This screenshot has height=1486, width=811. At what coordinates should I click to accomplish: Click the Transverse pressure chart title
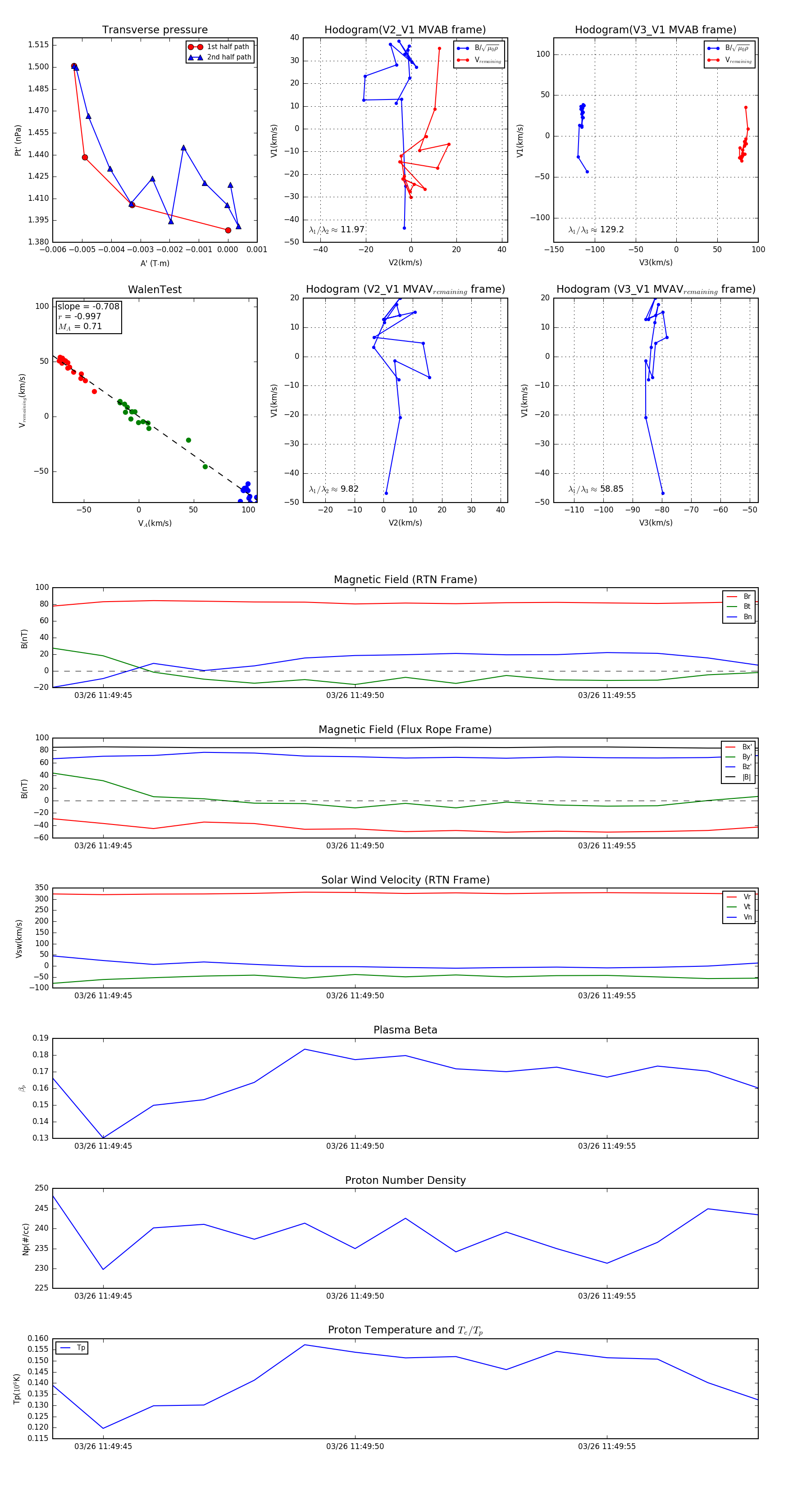tap(155, 30)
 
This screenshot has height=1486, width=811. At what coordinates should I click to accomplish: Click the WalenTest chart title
tap(155, 290)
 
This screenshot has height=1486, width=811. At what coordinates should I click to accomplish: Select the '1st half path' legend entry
tap(228, 47)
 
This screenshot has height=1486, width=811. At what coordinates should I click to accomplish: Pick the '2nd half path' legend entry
tap(228, 57)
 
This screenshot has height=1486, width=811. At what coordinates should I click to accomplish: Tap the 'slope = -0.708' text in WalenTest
tap(88, 306)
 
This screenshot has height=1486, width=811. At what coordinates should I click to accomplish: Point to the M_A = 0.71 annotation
tap(80, 326)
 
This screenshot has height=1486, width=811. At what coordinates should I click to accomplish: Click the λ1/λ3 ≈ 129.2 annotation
tap(596, 230)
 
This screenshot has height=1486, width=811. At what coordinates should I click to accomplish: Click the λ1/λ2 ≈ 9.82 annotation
tap(333, 489)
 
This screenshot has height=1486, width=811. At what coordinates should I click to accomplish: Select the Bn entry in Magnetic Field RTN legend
tap(747, 616)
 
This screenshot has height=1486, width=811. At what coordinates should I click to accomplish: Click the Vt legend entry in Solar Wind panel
tap(747, 907)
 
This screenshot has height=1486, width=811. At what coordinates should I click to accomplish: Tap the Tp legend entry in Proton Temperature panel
tap(81, 1348)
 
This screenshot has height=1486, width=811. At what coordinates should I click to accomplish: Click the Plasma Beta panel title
tap(405, 1030)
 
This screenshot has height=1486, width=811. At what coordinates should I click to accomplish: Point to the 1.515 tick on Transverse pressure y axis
tap(38, 45)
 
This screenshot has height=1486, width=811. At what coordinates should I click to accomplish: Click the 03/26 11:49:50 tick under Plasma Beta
tap(355, 1146)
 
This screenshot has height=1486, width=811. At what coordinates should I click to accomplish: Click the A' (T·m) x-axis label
tap(155, 263)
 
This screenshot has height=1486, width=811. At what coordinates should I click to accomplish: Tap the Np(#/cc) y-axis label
tap(25, 1238)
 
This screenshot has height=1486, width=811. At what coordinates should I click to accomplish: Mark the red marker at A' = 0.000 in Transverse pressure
tap(228, 230)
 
